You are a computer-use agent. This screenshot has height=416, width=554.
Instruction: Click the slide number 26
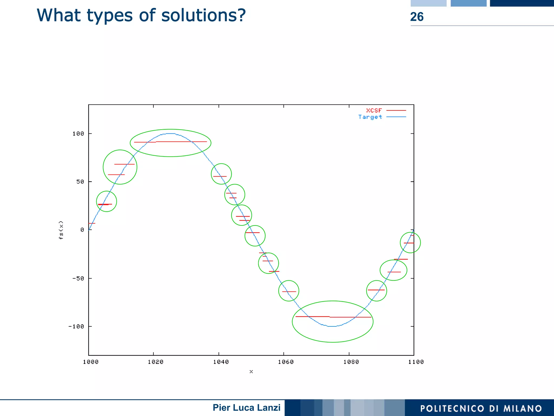pyautogui.click(x=417, y=17)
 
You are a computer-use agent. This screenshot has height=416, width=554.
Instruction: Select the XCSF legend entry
pyautogui.click(x=374, y=110)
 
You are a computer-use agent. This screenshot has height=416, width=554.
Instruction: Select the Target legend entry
pyautogui.click(x=370, y=117)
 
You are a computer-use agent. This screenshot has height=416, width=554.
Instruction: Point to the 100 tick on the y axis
pyautogui.click(x=78, y=134)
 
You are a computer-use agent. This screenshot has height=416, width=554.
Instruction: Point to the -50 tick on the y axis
pyautogui.click(x=78, y=279)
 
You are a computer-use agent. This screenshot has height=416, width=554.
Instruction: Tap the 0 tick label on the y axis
pyautogui.click(x=82, y=230)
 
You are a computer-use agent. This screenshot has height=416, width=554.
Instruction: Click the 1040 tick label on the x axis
pyautogui.click(x=221, y=362)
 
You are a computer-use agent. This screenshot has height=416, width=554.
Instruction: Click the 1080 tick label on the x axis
pyautogui.click(x=351, y=362)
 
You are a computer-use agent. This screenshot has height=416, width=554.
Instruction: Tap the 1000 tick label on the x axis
pyautogui.click(x=91, y=362)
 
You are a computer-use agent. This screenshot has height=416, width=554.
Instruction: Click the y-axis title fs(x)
pyautogui.click(x=61, y=230)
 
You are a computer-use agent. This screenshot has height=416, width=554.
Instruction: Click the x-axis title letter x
pyautogui.click(x=251, y=372)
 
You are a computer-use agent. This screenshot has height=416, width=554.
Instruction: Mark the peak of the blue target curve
pyautogui.click(x=170, y=133)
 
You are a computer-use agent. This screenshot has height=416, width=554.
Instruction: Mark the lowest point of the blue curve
pyautogui.click(x=332, y=326)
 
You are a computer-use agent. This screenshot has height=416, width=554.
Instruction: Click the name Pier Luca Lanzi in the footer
pyautogui.click(x=246, y=408)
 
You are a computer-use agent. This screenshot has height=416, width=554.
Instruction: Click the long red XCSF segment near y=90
pyautogui.click(x=181, y=142)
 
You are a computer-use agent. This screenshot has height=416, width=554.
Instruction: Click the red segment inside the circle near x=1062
pyautogui.click(x=289, y=291)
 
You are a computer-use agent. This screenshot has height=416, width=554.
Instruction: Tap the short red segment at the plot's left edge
pyautogui.click(x=92, y=223)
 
